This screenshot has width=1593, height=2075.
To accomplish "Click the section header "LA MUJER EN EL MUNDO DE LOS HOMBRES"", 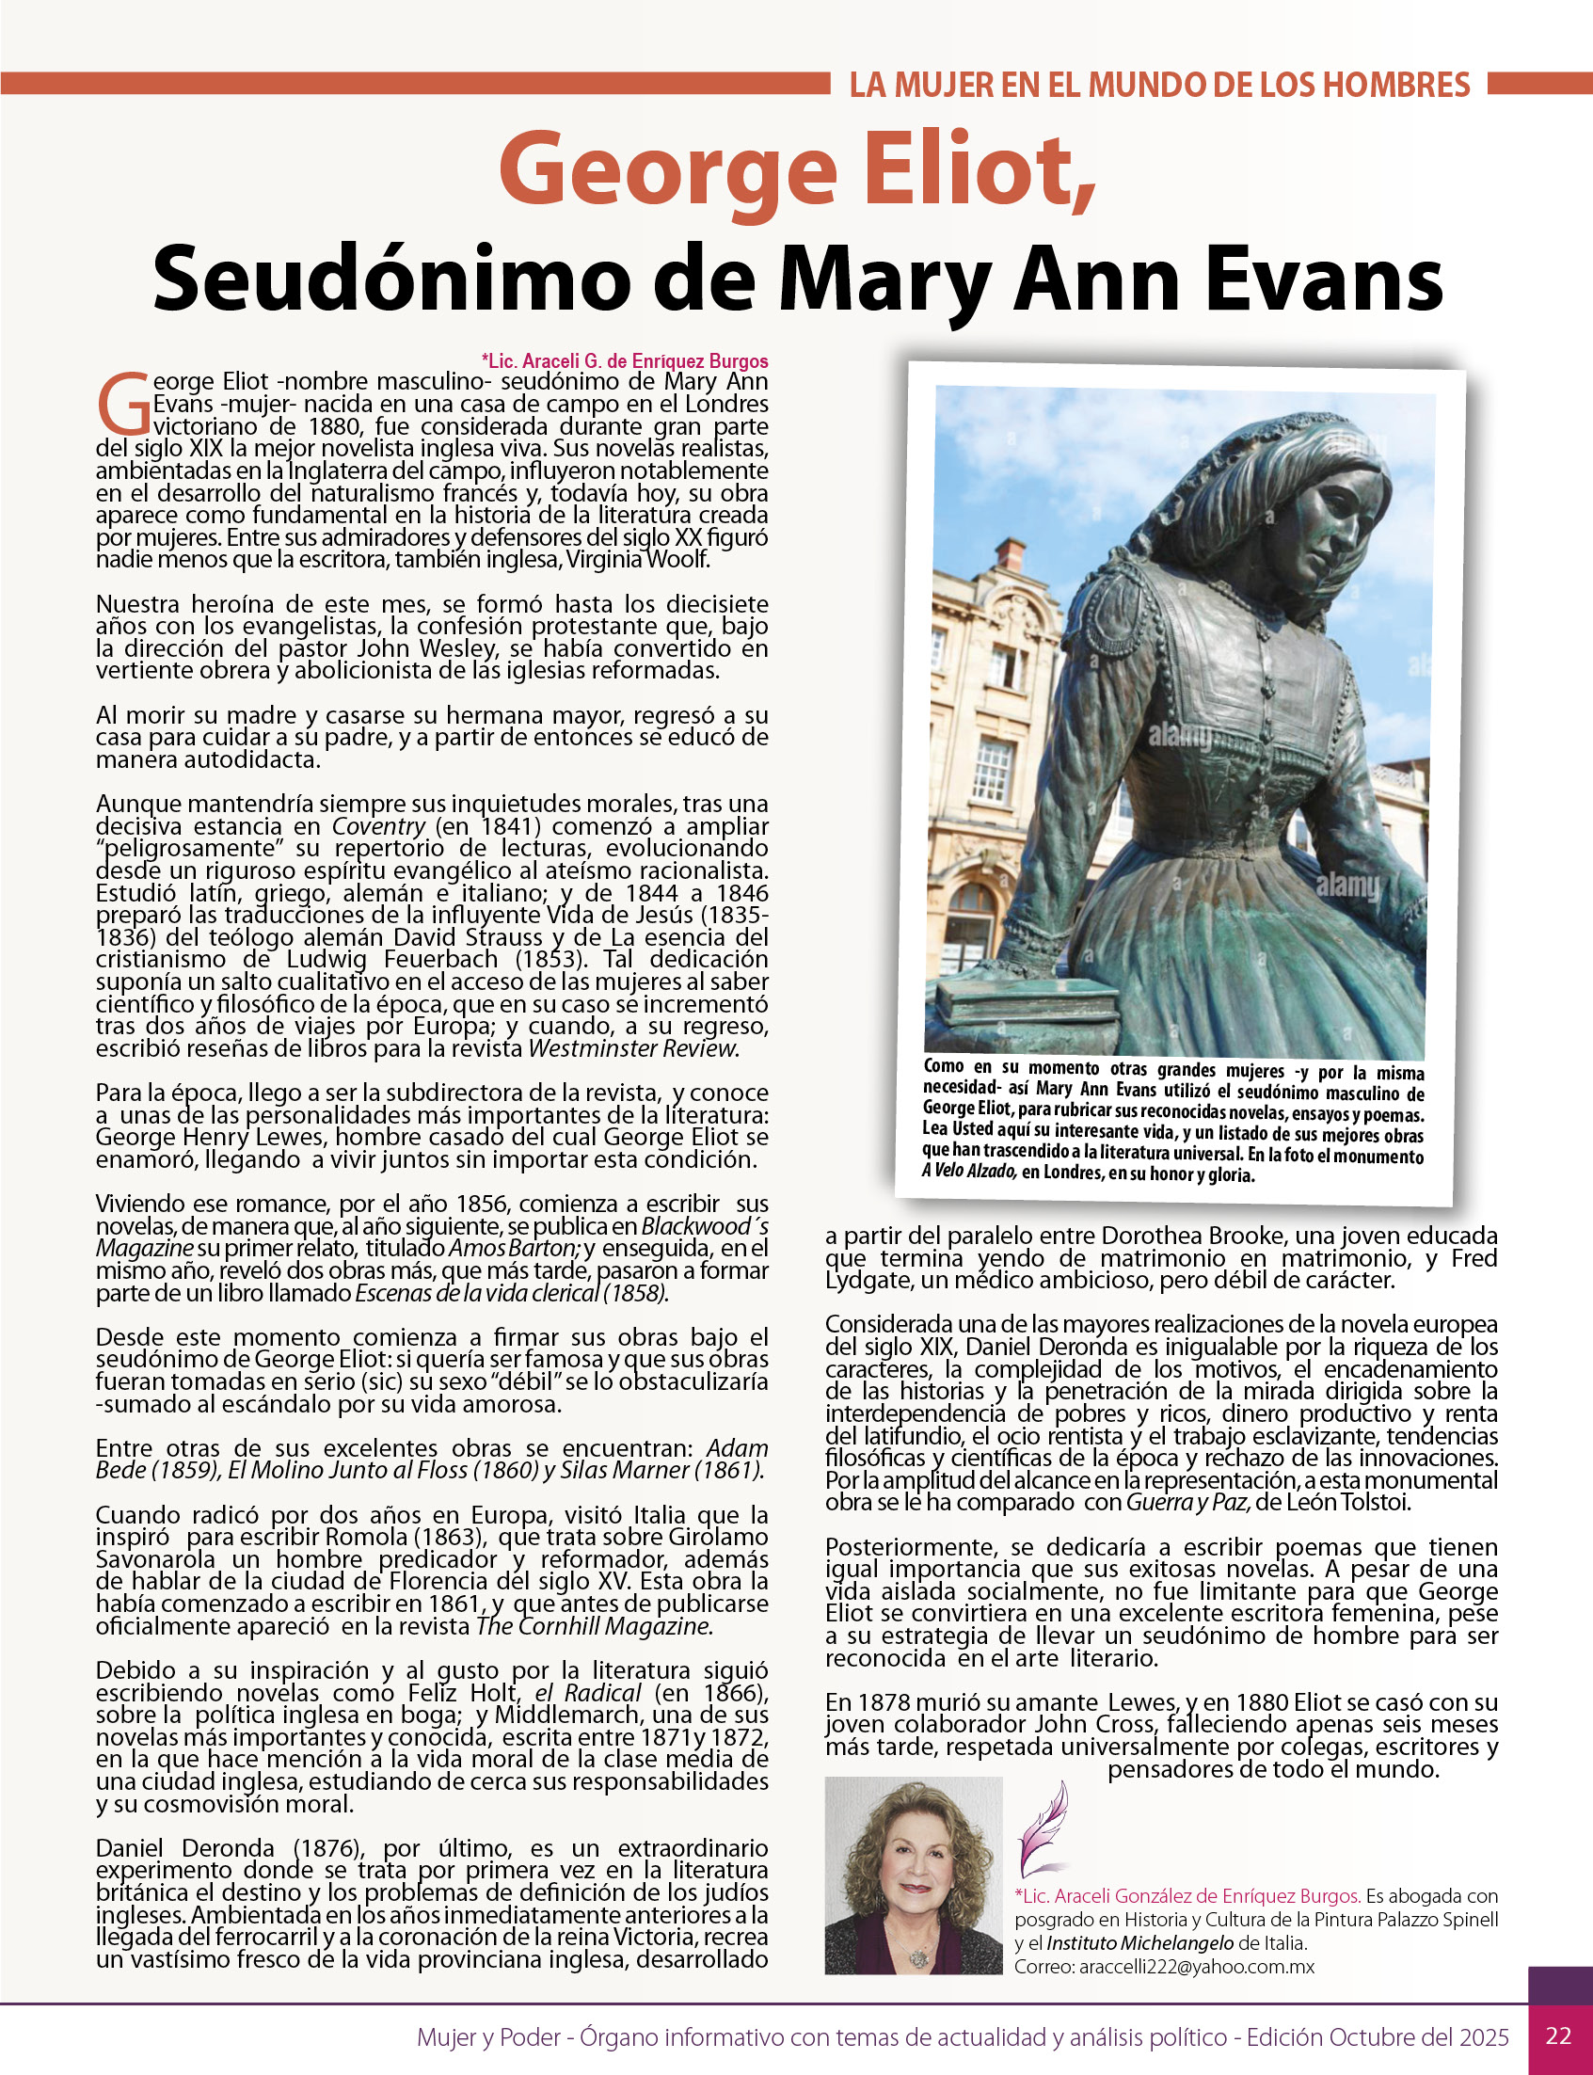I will click(1158, 86).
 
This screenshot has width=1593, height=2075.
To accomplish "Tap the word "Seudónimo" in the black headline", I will click(391, 278).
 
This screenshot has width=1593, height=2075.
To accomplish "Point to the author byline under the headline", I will click(624, 361).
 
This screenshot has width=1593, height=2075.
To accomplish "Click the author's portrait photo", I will click(913, 1875).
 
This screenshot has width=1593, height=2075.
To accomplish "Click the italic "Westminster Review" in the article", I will click(633, 1049).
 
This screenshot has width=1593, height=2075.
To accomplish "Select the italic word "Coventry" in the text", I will click(378, 827).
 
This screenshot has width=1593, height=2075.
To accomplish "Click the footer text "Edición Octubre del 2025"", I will click(1377, 2037).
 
